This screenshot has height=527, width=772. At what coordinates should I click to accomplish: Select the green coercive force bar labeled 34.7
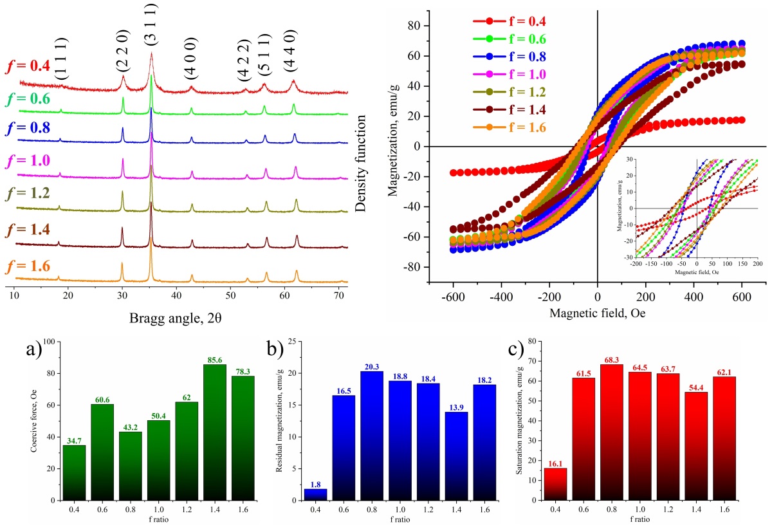coord(74,472)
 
